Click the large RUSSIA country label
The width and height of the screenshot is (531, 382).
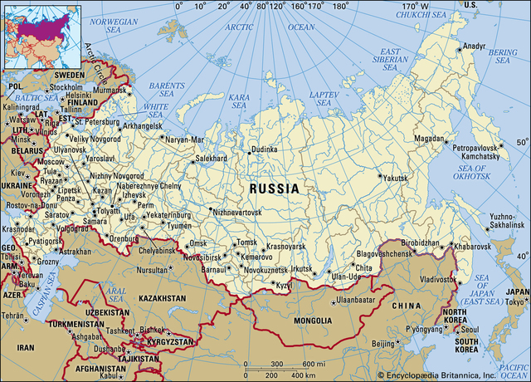point(274,189)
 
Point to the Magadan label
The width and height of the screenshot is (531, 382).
point(432,139)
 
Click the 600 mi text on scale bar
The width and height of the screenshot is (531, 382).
point(314,365)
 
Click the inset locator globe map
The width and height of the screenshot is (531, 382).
point(41,35)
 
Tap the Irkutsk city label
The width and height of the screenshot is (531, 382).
point(302,268)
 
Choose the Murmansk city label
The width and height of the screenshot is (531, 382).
point(105,88)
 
